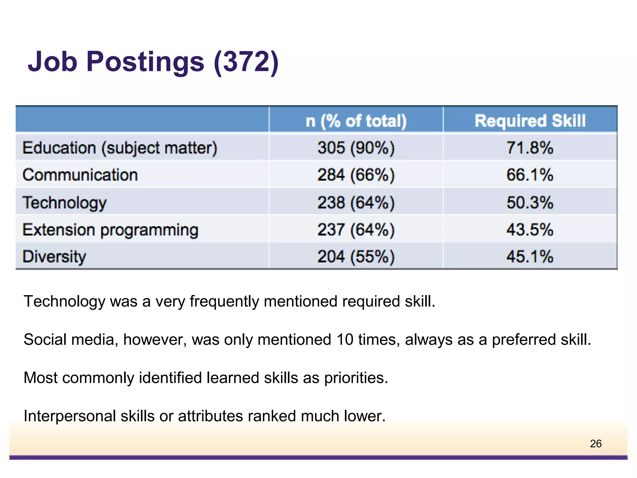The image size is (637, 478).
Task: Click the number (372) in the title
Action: (x=246, y=62)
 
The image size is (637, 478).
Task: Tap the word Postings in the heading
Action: (x=145, y=62)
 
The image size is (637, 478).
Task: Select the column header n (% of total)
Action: (x=356, y=121)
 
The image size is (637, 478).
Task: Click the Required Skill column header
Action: (x=530, y=121)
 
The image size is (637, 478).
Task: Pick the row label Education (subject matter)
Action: (x=120, y=148)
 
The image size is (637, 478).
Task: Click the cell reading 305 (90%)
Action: (x=356, y=148)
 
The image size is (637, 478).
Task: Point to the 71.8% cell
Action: (x=530, y=148)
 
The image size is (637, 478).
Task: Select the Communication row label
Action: (x=80, y=175)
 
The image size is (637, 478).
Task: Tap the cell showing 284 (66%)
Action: (x=356, y=175)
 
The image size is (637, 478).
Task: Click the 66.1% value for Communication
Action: (x=530, y=175)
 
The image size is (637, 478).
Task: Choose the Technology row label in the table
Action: (x=64, y=203)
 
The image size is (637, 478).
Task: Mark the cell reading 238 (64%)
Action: (x=356, y=203)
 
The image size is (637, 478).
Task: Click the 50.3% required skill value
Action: (x=530, y=203)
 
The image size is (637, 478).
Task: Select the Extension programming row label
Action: (x=110, y=230)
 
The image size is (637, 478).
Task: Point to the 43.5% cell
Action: (x=530, y=230)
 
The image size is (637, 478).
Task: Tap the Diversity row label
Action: (x=54, y=257)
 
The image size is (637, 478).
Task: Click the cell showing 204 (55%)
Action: (x=356, y=257)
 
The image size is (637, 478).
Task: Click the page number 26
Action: (x=595, y=443)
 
